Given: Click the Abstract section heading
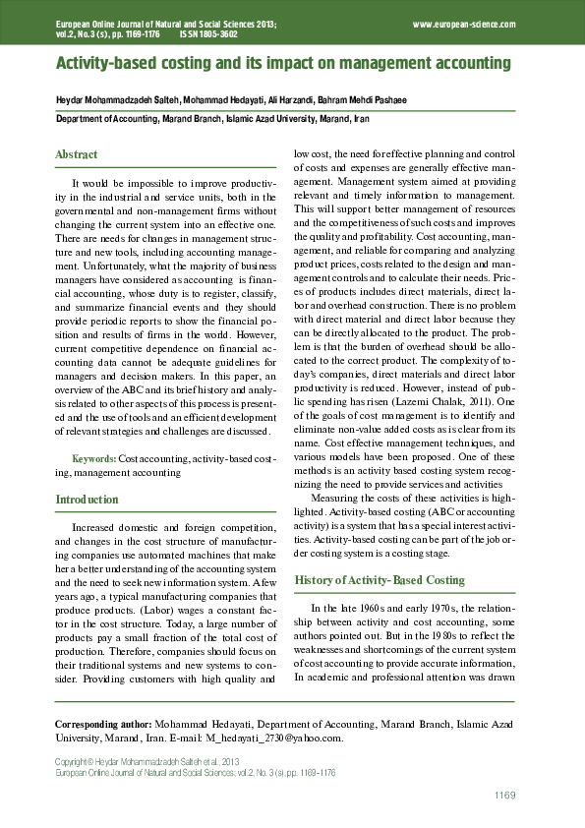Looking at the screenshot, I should point(77,155).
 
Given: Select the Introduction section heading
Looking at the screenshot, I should point(87,500).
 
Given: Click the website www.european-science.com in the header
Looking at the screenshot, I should point(464,24).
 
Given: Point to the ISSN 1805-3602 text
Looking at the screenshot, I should point(208,33).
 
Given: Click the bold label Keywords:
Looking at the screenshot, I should point(94,458).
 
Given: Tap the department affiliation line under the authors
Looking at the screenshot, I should point(211,118).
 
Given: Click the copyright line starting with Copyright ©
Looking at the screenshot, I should point(146,762).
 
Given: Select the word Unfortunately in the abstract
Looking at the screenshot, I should point(107,266).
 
